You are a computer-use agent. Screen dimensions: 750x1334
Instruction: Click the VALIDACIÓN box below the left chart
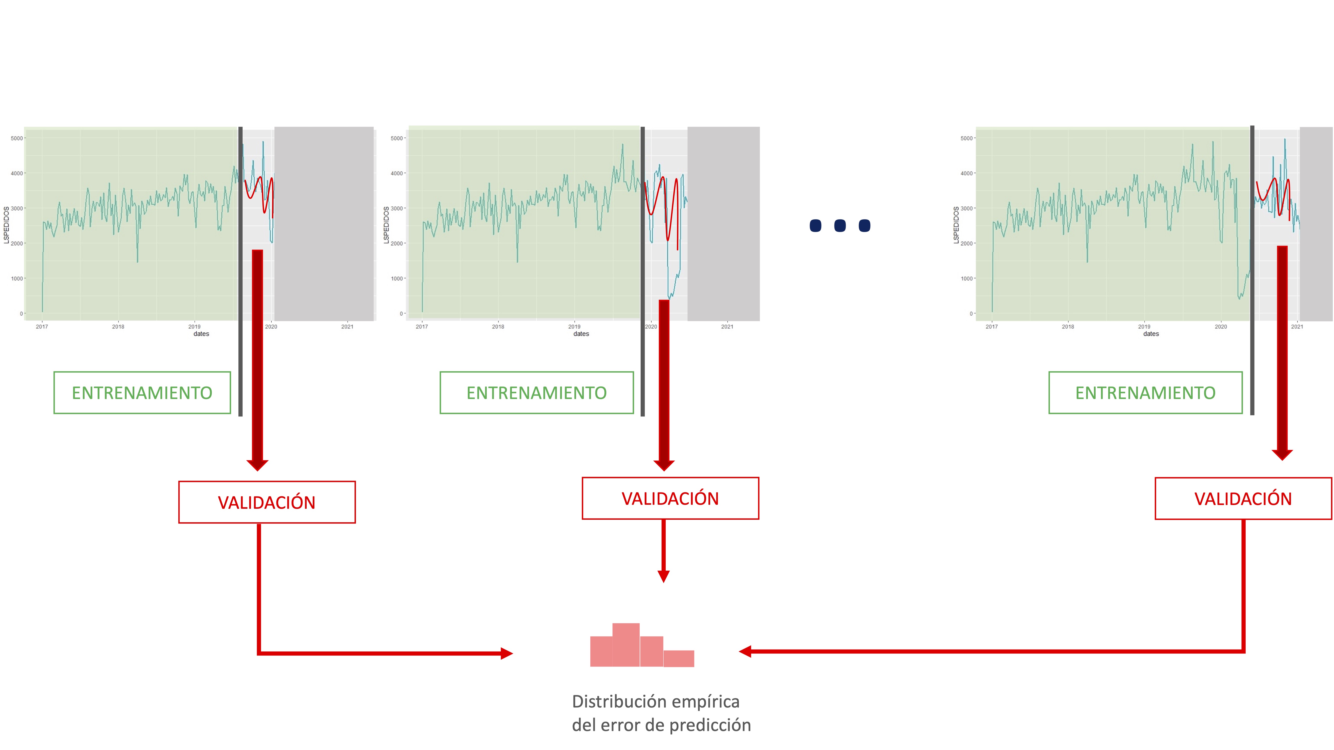(x=267, y=502)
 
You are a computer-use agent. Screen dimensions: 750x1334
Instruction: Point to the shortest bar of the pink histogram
(x=678, y=658)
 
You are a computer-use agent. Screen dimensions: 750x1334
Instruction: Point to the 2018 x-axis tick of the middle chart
(x=498, y=326)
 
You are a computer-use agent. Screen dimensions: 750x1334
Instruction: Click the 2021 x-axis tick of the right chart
(x=1297, y=326)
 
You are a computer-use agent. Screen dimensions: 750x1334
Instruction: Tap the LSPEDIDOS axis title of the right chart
(x=956, y=225)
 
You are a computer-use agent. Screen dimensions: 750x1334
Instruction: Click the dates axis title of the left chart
(x=201, y=334)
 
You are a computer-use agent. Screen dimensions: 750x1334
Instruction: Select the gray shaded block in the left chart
(x=324, y=223)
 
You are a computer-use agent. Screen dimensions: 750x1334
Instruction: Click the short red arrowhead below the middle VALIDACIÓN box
(x=663, y=576)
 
